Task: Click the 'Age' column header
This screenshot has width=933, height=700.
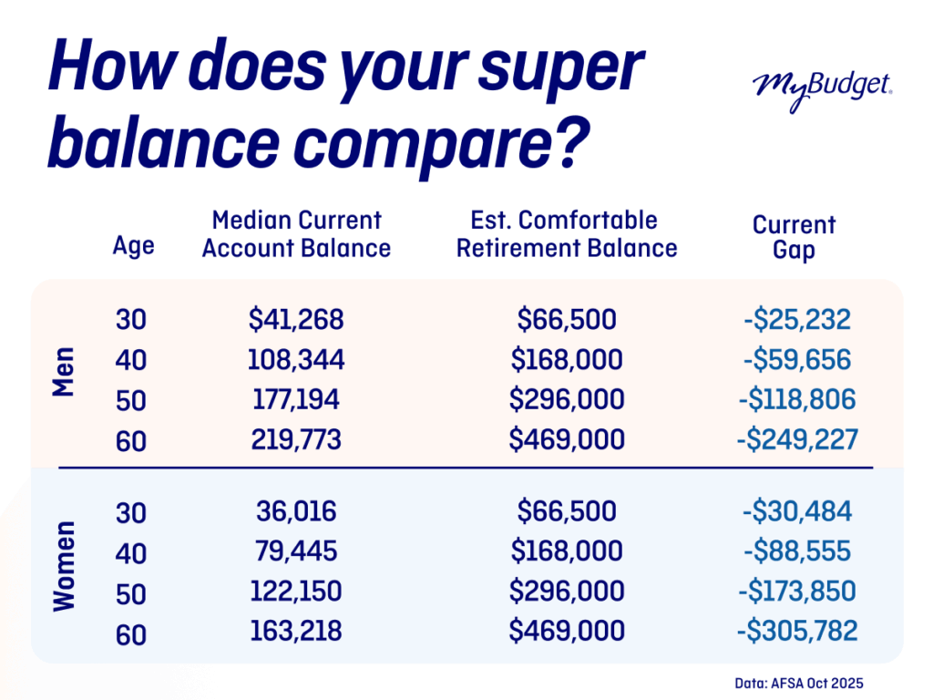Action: (x=134, y=245)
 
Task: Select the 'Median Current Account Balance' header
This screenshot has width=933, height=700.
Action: (x=296, y=234)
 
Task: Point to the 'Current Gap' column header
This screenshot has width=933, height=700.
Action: (x=794, y=237)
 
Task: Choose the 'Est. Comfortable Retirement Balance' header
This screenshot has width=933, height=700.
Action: (x=567, y=234)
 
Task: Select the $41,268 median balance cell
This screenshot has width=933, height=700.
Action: (x=296, y=319)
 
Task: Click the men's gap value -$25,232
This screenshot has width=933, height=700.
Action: (x=796, y=319)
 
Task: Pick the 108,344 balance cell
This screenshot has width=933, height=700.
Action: (x=296, y=359)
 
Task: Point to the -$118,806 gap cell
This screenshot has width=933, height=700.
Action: (x=796, y=400)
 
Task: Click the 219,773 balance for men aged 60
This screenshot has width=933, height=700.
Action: (x=296, y=440)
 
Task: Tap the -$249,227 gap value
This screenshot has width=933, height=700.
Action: (x=796, y=440)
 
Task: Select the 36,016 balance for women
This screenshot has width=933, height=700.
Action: (x=296, y=510)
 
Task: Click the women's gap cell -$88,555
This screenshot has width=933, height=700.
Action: (x=796, y=551)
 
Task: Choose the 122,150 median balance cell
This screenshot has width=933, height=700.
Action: (x=296, y=591)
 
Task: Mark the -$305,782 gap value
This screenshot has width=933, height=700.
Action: (x=796, y=631)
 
